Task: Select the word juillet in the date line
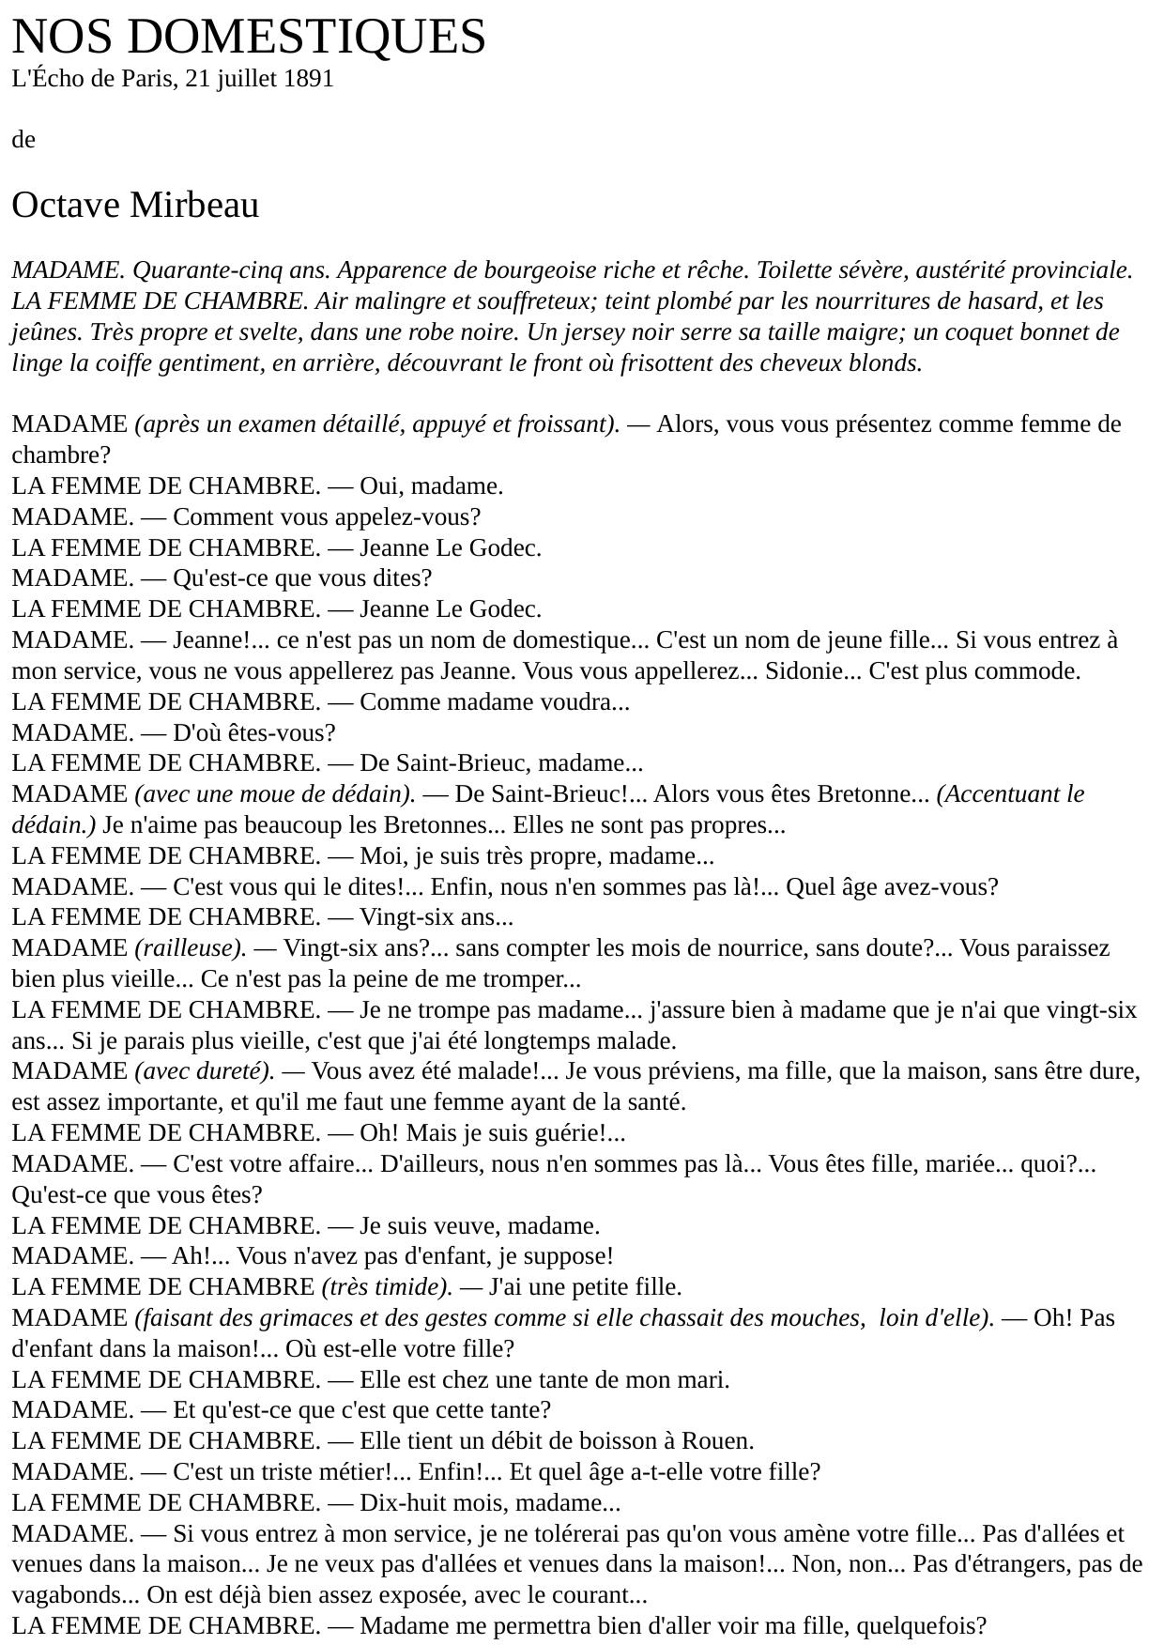[247, 79]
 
